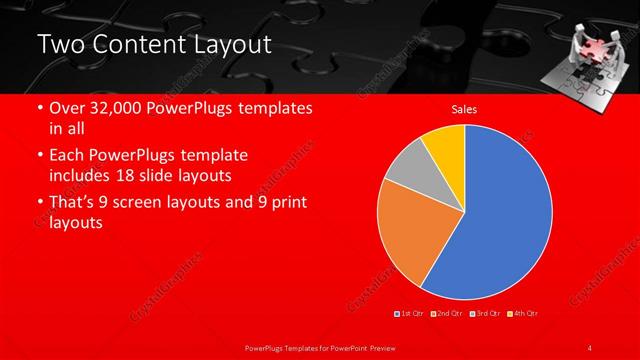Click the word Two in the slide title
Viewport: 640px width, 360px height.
(x=59, y=44)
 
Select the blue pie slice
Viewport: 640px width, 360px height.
(x=500, y=220)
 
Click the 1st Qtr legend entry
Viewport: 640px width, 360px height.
(x=411, y=314)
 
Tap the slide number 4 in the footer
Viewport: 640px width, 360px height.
(x=590, y=347)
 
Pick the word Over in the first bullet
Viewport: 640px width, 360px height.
(x=68, y=109)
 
